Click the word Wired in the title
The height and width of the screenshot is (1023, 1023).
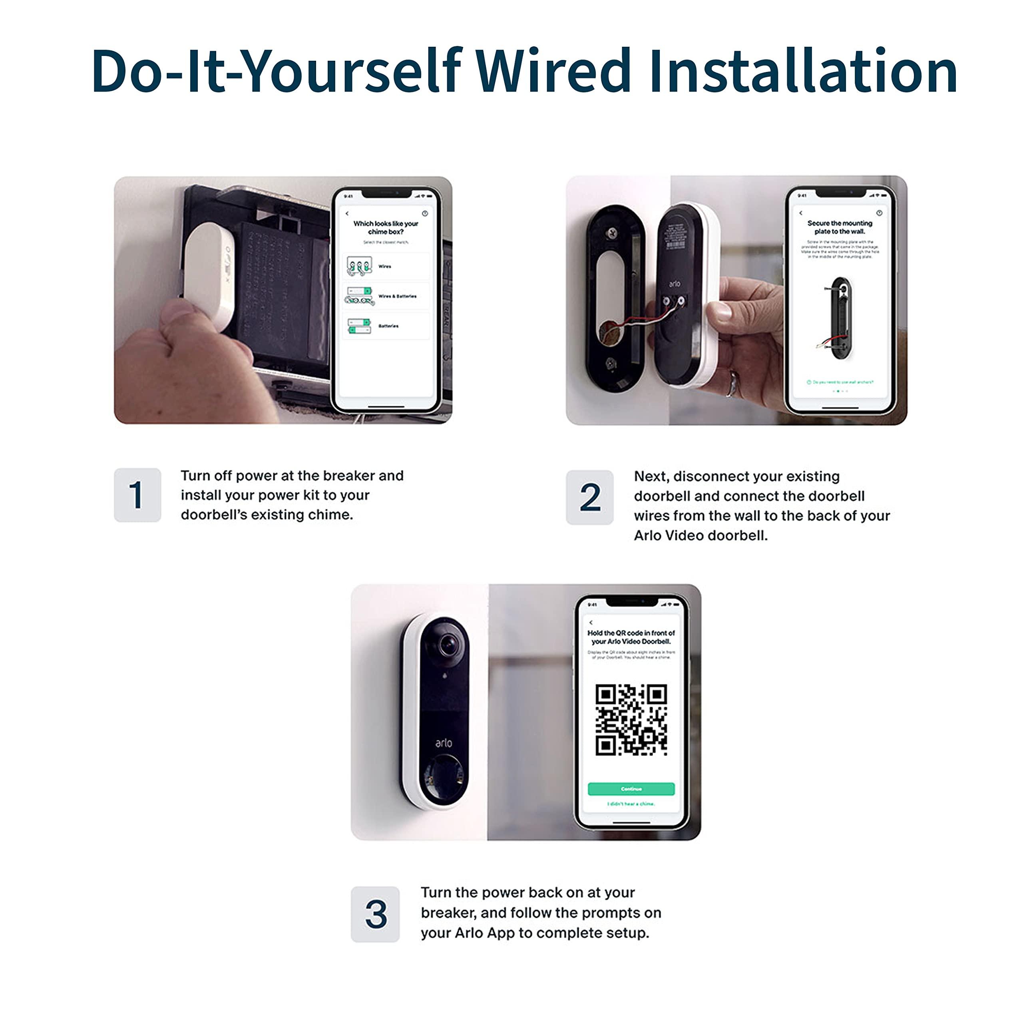[x=553, y=72]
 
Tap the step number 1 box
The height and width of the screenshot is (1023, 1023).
[x=137, y=495]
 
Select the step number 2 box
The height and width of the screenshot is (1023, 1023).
[x=589, y=497]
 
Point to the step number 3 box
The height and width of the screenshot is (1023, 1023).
[x=375, y=914]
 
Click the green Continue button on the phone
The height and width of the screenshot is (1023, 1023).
[x=631, y=788]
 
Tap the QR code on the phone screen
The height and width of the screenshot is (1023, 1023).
[x=631, y=720]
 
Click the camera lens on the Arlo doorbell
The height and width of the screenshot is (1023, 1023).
[x=448, y=645]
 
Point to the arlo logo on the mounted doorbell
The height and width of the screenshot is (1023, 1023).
[x=443, y=743]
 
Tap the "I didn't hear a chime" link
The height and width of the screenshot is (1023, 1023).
[x=631, y=804]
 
